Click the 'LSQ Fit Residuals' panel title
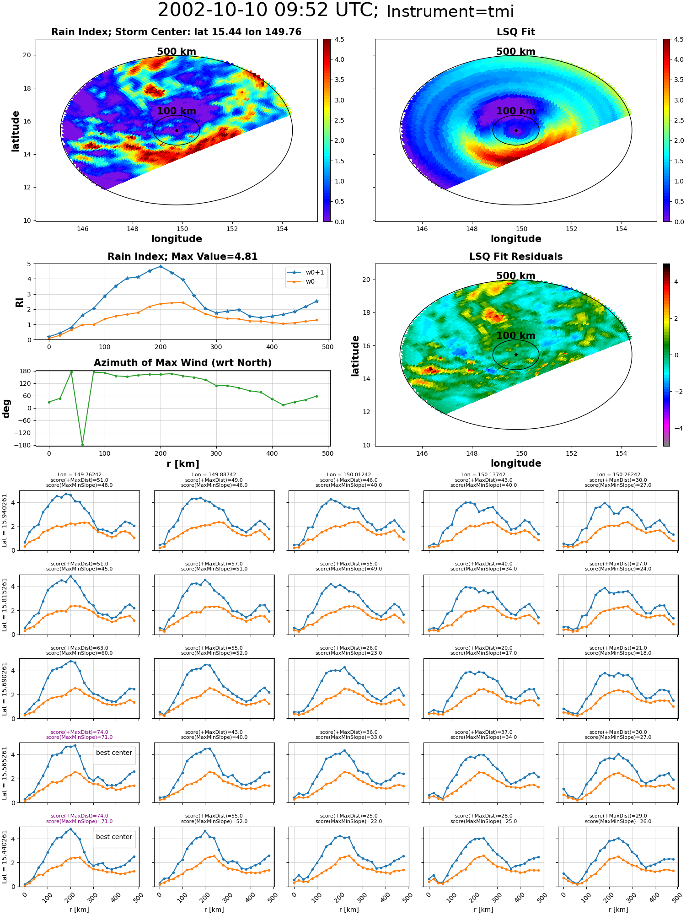click(x=516, y=257)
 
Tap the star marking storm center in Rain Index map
click(x=177, y=130)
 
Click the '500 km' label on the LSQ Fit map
click(x=516, y=52)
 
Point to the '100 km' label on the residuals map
click(x=516, y=335)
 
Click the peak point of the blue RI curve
click(x=161, y=266)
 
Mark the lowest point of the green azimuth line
click(x=82, y=444)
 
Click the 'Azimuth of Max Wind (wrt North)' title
click(x=182, y=363)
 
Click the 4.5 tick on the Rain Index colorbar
click(x=339, y=40)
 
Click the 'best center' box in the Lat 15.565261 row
click(x=114, y=753)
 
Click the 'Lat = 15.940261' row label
click(x=5, y=521)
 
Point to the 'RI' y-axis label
click(x=20, y=302)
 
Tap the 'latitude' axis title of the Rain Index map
click(x=16, y=131)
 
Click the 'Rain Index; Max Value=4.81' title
click(x=182, y=257)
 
